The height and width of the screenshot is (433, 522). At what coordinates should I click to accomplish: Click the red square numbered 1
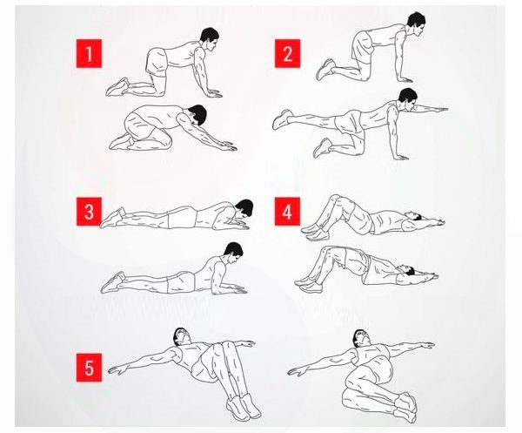click(89, 53)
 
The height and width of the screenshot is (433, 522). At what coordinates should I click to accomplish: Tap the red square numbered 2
click(287, 53)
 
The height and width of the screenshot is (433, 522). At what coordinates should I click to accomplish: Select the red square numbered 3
click(89, 212)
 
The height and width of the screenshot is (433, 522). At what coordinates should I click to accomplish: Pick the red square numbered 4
click(287, 212)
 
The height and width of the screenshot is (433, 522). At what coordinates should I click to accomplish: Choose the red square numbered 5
click(89, 368)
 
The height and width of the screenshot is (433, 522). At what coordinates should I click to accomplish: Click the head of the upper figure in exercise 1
click(210, 38)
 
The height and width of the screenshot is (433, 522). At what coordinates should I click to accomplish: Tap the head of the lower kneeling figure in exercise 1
click(197, 114)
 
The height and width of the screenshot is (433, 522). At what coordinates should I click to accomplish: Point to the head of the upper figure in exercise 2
click(416, 24)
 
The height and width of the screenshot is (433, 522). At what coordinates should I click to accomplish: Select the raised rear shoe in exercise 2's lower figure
click(282, 119)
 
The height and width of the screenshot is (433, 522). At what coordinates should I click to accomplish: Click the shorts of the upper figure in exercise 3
click(182, 217)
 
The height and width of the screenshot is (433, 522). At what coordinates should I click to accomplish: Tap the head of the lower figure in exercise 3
click(234, 253)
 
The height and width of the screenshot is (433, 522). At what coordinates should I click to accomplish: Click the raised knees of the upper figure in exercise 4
click(335, 201)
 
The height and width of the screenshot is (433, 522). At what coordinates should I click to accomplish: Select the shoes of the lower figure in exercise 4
click(308, 284)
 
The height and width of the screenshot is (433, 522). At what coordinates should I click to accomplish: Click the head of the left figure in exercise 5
click(182, 337)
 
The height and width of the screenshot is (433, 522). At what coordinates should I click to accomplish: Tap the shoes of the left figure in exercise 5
click(244, 407)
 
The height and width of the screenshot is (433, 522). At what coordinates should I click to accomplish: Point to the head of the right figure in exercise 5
click(362, 339)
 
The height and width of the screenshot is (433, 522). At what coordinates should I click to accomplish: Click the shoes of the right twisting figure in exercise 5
click(405, 408)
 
